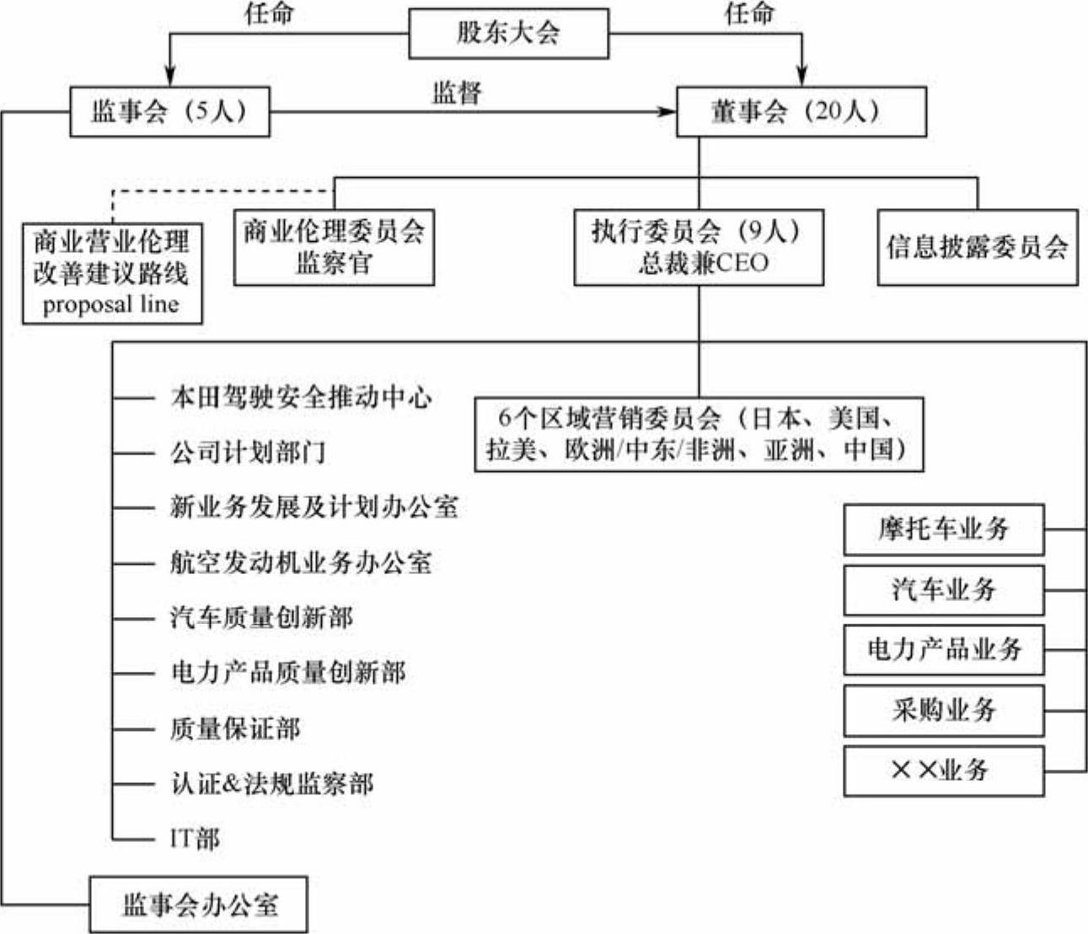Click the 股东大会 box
(508, 34)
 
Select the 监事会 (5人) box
(169, 112)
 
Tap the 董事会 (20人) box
(801, 112)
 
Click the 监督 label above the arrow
(457, 92)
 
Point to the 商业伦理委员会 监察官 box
(334, 247)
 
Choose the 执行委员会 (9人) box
(699, 247)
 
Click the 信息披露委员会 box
(977, 247)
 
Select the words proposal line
(111, 304)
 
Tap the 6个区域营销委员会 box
(699, 434)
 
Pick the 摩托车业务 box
(943, 529)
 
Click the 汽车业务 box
(943, 589)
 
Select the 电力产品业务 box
(943, 649)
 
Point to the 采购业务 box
(943, 710)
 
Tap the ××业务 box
(943, 770)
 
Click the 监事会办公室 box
(199, 904)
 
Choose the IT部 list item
(195, 839)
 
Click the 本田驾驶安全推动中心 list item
(301, 397)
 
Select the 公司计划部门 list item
(248, 453)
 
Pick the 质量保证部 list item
(235, 728)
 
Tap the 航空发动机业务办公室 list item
(301, 563)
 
